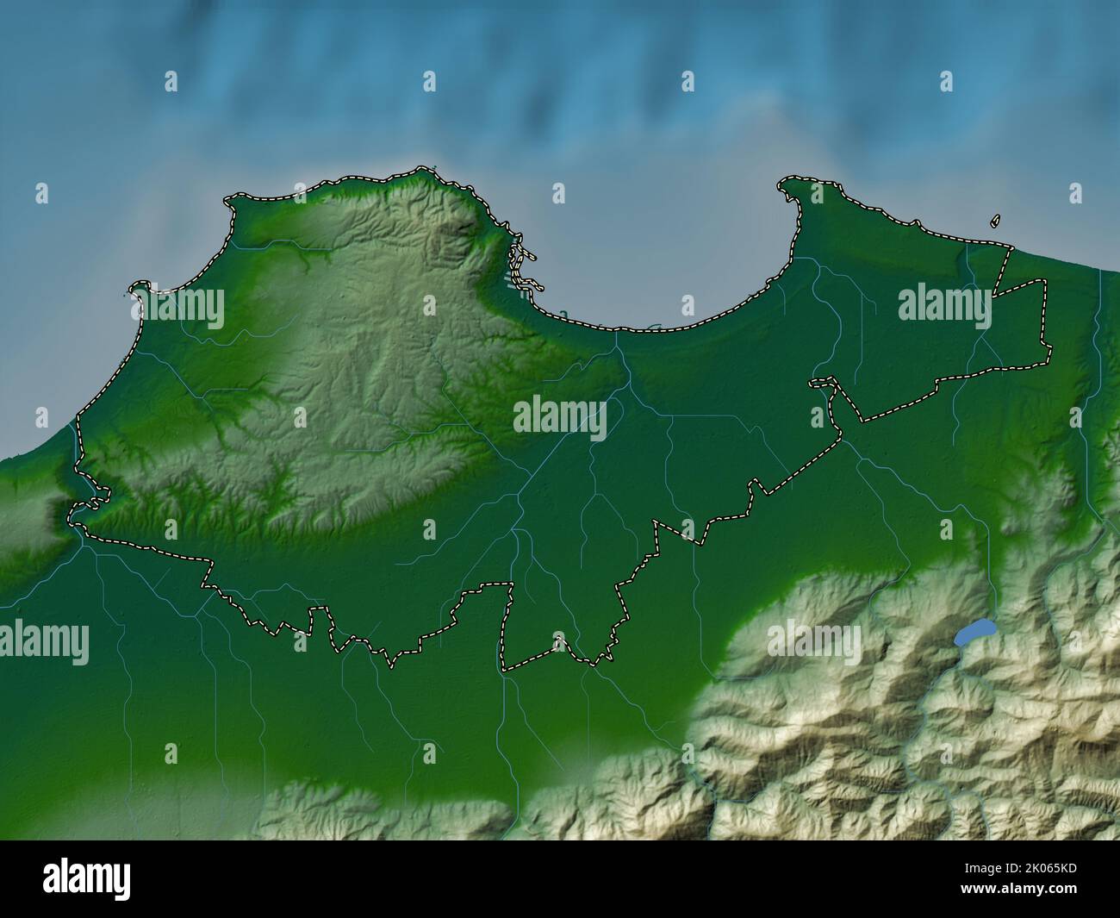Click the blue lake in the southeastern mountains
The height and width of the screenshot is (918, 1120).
973,634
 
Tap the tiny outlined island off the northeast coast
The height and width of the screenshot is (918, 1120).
996,222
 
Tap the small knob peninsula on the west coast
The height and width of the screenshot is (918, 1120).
138,287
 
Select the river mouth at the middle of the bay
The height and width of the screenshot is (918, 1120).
617,332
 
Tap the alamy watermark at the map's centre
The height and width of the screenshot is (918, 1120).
560,417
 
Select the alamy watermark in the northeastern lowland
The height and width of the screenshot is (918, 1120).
944,304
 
